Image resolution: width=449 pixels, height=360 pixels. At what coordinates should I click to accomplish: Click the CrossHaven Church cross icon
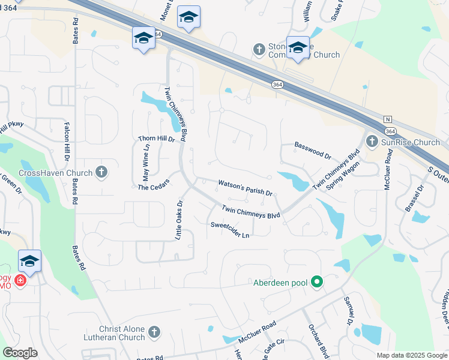click(x=101, y=173)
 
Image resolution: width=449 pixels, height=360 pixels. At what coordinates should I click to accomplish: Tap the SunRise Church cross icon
click(x=372, y=142)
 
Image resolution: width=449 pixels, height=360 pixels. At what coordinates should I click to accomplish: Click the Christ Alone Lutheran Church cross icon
click(x=154, y=332)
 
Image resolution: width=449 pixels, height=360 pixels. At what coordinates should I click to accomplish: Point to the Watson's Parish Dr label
click(x=245, y=188)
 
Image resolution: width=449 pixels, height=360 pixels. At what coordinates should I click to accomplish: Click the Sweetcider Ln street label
click(x=229, y=230)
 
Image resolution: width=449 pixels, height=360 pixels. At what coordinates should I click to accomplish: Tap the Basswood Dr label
click(x=312, y=151)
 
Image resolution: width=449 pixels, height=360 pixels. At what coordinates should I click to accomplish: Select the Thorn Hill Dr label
click(x=155, y=139)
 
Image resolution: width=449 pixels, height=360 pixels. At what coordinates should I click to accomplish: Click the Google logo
click(x=20, y=353)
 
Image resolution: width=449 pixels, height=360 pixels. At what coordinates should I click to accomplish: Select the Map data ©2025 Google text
click(x=411, y=355)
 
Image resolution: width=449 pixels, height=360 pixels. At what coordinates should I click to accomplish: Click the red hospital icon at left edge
click(x=20, y=280)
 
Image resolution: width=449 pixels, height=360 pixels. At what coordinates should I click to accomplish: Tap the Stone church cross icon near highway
click(x=259, y=49)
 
